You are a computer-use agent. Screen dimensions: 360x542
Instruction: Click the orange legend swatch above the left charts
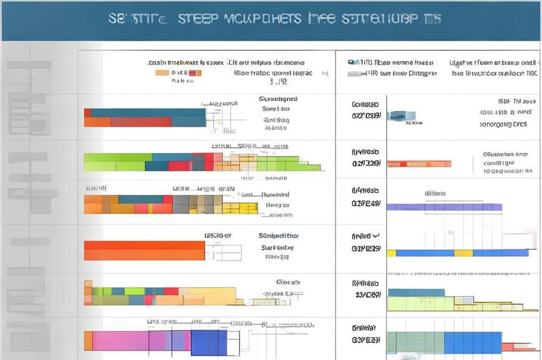(163, 71)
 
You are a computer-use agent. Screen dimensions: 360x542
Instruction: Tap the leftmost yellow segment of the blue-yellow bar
(391, 253)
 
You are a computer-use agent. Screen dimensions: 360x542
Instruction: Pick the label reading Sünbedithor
(279, 236)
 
